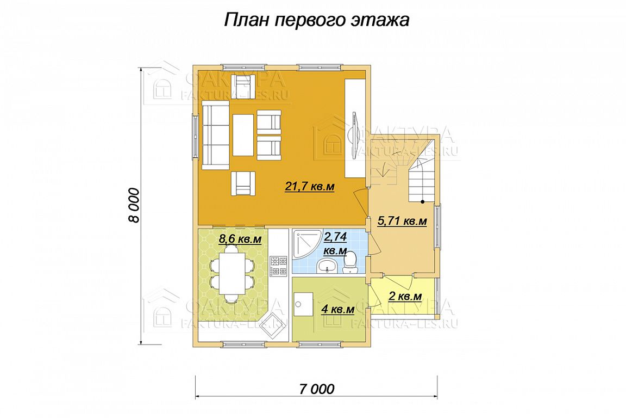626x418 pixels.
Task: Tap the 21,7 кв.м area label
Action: [x=309, y=186]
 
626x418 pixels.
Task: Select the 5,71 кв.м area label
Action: [x=402, y=221]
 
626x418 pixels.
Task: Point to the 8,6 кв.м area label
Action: [x=240, y=239]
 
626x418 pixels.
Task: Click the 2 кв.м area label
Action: [x=405, y=297]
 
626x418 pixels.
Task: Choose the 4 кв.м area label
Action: [x=338, y=309]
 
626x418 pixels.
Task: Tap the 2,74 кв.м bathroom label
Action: [x=335, y=244]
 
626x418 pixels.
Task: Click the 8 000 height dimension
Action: [x=135, y=205]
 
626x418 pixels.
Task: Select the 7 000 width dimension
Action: [x=317, y=389]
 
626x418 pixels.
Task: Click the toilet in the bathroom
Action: [x=350, y=263]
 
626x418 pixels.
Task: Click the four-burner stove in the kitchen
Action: [x=279, y=266]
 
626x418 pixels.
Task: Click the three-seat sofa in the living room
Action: [x=216, y=135]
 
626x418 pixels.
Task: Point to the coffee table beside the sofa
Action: [x=243, y=135]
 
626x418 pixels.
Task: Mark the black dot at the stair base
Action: [x=422, y=201]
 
